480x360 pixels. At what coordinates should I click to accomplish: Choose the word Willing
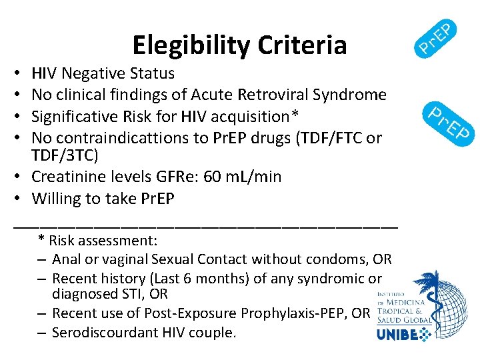coord(57,199)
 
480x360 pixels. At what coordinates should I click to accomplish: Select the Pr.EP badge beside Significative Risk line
coord(451,123)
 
